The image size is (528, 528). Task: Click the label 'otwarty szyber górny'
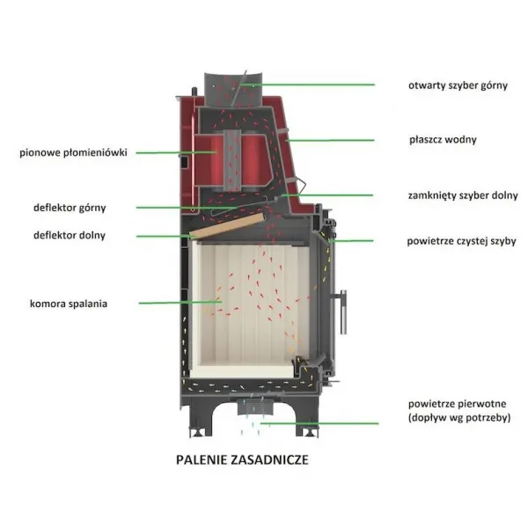coord(458,85)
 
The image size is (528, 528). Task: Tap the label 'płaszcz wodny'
coord(443,140)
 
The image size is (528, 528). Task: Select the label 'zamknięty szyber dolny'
coord(463,195)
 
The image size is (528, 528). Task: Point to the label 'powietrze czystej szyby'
coord(461,241)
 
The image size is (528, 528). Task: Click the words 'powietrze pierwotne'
coord(457,403)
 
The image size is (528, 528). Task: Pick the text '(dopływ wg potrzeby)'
coord(459,418)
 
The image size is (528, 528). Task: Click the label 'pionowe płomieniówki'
coord(73,152)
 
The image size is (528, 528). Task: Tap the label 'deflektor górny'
coord(70,208)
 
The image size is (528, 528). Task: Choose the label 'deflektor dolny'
coord(70,235)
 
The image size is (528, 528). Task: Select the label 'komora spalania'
coord(69,304)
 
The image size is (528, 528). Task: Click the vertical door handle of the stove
coord(343,312)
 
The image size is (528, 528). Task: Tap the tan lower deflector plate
coord(227,225)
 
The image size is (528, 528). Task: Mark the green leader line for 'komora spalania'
coord(180,303)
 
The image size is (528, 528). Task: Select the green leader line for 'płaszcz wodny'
coord(330,140)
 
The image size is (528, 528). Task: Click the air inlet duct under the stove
coord(255,407)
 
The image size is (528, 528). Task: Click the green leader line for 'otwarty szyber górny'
coord(308,84)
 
